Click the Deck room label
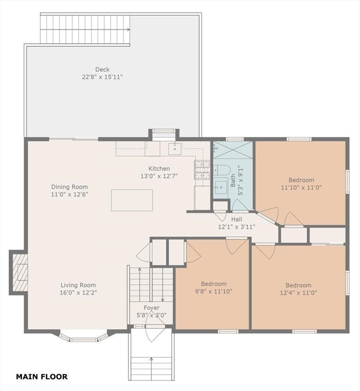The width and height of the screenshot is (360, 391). [102, 69]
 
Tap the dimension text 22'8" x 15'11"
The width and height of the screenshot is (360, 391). [102, 77]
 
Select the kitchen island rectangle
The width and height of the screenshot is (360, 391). [132, 200]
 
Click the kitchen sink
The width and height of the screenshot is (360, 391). [175, 148]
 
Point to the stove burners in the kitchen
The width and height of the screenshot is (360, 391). [202, 170]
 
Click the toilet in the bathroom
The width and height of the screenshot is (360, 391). [222, 170]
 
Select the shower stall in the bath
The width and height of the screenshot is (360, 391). [233, 150]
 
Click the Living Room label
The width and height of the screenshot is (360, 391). [78, 285]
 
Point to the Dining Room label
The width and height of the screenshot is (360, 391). [70, 187]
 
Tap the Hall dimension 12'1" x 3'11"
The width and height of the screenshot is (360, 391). [236, 227]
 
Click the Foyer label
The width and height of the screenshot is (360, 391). [152, 308]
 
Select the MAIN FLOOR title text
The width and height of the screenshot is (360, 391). [42, 377]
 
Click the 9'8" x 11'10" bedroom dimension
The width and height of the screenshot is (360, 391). [214, 291]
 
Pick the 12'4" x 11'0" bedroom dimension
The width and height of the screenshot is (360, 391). [298, 293]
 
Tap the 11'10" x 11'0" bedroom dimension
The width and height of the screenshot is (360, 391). [301, 187]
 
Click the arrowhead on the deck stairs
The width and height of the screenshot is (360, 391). [129, 30]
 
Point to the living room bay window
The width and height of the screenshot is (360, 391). [84, 336]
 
